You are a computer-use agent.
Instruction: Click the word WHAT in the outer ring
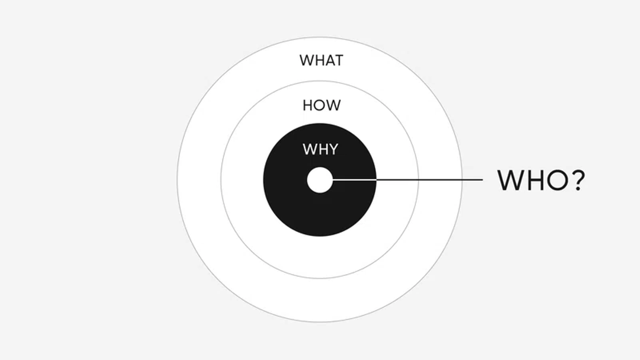321,60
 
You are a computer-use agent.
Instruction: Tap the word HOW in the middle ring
321,105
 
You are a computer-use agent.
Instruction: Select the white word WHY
320,149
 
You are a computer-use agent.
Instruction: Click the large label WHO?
540,180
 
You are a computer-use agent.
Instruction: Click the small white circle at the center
320,180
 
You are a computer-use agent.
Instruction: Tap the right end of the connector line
482,180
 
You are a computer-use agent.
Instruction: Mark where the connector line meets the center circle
333,180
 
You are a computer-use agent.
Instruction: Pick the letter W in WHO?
510,180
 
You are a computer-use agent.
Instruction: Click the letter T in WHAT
339,60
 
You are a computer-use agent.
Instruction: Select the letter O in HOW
321,105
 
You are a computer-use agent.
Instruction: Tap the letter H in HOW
308,105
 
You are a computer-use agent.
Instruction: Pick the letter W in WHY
308,149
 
